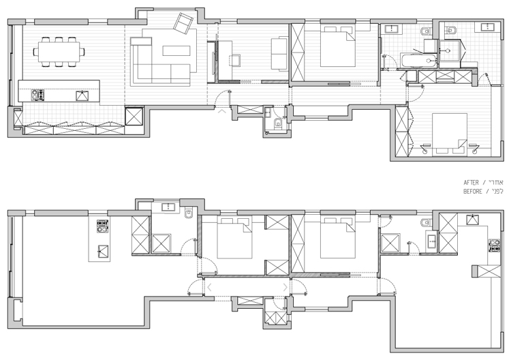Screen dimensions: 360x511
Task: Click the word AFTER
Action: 471,183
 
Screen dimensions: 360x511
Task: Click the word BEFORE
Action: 473,192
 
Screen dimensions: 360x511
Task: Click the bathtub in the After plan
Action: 412,62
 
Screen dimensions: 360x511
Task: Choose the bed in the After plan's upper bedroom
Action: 339,46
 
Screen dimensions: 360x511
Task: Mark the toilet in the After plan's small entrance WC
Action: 278,123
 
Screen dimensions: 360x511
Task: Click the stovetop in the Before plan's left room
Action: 103,223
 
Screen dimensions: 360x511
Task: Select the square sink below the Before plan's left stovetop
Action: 102,250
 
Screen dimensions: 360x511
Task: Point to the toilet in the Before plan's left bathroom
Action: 189,215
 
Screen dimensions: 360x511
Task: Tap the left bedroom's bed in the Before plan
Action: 235,238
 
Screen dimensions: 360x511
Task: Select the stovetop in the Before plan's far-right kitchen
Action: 495,245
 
